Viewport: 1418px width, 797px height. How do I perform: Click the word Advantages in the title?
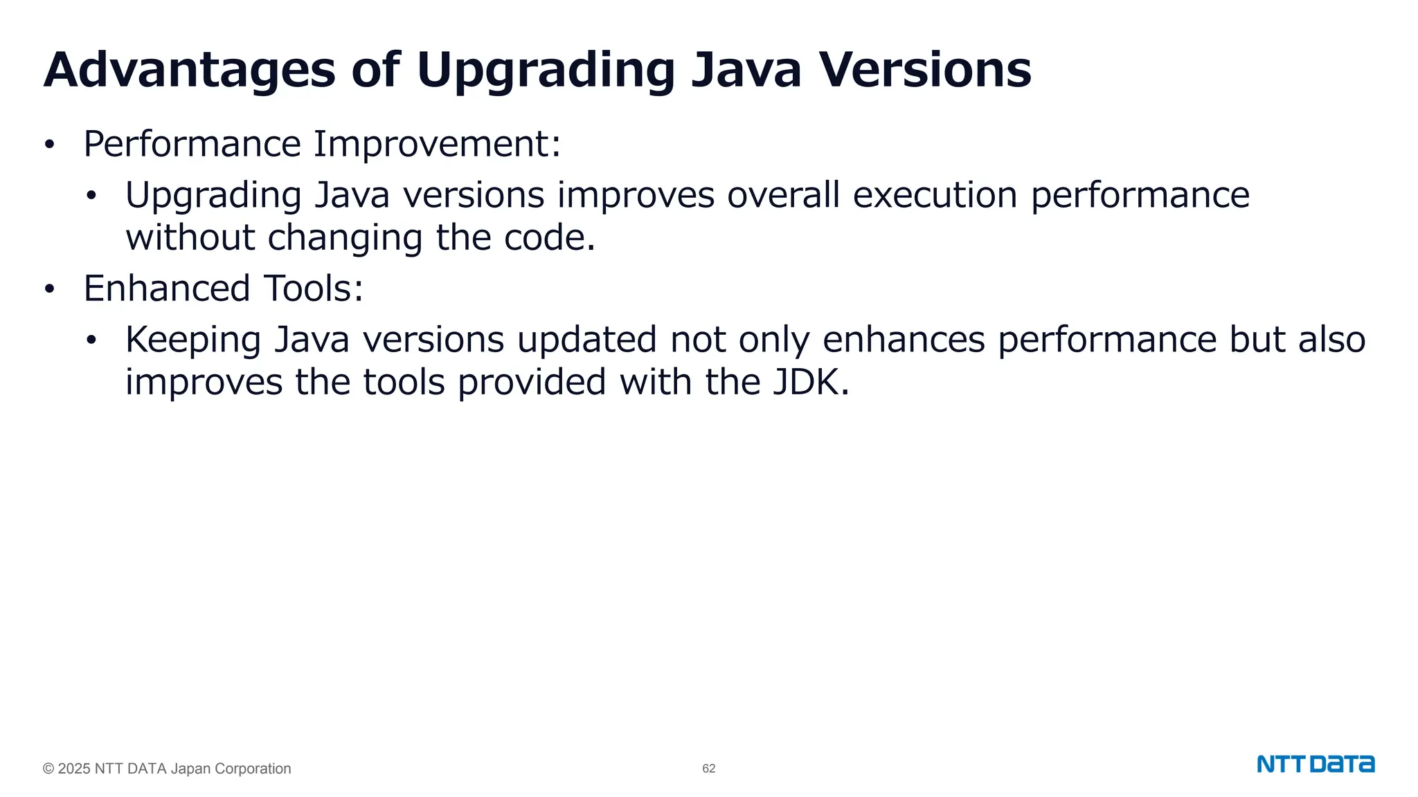(x=189, y=70)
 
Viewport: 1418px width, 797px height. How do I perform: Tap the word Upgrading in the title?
(x=545, y=70)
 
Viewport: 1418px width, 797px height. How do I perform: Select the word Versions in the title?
(x=925, y=70)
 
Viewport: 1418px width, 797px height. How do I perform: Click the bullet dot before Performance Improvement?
(x=49, y=145)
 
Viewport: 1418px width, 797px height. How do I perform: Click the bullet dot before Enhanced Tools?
(x=49, y=290)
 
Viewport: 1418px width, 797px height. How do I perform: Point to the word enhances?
(x=904, y=340)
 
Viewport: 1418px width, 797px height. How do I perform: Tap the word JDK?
(x=811, y=383)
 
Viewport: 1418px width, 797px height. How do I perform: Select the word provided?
(x=532, y=383)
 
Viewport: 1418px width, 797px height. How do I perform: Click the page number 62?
(x=708, y=769)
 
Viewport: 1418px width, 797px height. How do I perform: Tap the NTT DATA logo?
(x=1315, y=764)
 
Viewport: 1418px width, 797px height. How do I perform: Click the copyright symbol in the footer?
(x=48, y=769)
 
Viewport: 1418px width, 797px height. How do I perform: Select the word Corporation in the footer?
(x=253, y=769)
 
